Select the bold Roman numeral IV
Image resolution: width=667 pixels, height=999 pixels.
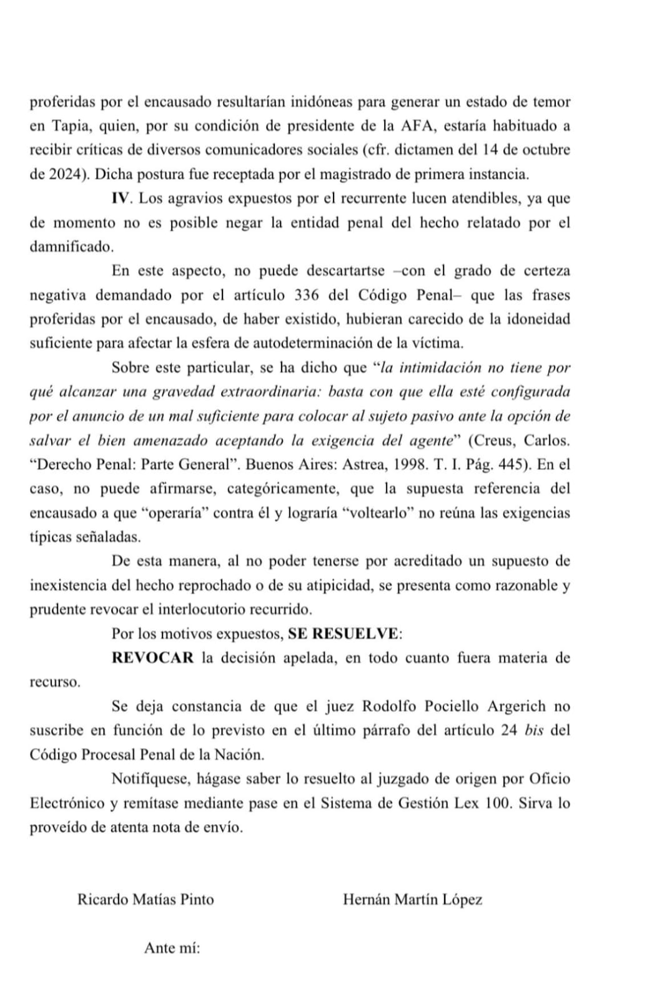(x=121, y=199)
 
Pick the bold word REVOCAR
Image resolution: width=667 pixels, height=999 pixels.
(x=153, y=657)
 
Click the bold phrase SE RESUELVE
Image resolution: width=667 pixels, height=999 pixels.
(x=343, y=633)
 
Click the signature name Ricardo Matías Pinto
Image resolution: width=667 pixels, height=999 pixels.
(x=146, y=899)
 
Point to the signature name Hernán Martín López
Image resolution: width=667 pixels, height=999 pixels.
(x=412, y=899)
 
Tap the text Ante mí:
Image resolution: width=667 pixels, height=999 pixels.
(x=172, y=948)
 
